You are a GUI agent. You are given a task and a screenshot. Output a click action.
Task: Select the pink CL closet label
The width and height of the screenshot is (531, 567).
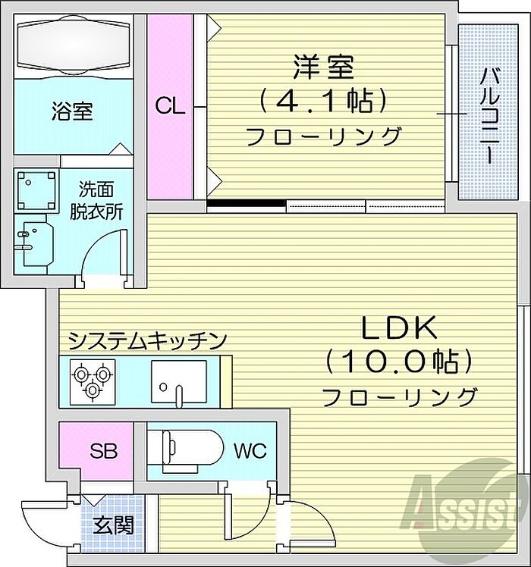click(170, 106)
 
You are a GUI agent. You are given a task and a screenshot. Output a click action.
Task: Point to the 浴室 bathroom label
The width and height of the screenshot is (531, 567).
click(73, 111)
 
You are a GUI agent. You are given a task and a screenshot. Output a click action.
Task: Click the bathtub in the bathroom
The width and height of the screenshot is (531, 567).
click(73, 45)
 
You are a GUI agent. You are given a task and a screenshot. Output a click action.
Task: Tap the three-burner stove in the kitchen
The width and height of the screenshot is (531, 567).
click(90, 379)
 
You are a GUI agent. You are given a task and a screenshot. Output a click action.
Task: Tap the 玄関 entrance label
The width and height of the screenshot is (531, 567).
click(114, 525)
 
